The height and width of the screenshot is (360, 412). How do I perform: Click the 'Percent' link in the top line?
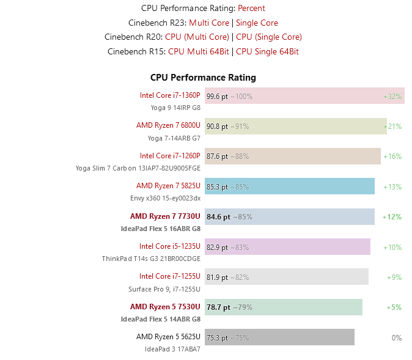tap(251, 8)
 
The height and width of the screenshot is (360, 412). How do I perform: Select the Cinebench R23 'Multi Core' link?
tap(209, 23)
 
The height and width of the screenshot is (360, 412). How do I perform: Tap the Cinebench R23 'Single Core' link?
tap(257, 23)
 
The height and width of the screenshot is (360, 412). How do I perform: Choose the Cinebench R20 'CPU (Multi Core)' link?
tap(197, 37)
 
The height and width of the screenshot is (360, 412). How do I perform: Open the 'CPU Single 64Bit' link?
tap(267, 51)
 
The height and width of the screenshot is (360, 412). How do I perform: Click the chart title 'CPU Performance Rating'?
tap(203, 78)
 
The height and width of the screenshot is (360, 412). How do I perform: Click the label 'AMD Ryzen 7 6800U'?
tap(168, 125)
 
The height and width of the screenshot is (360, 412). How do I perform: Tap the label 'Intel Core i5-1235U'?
tap(169, 246)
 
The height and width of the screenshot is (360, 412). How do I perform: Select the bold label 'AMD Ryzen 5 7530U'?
tap(165, 307)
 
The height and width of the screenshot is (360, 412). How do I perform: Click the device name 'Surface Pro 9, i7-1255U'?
tap(164, 289)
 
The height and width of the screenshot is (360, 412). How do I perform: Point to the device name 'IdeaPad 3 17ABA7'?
tap(172, 349)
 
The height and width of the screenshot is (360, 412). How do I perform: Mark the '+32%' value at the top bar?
tap(392, 96)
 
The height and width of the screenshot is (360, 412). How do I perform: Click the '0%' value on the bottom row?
tap(396, 337)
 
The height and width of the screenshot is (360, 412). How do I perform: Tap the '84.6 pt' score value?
tap(218, 216)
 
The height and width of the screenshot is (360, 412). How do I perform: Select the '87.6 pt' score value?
tap(217, 156)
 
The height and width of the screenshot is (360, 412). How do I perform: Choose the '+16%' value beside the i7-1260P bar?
tap(392, 156)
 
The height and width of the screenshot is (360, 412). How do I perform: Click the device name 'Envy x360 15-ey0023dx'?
tap(165, 198)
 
